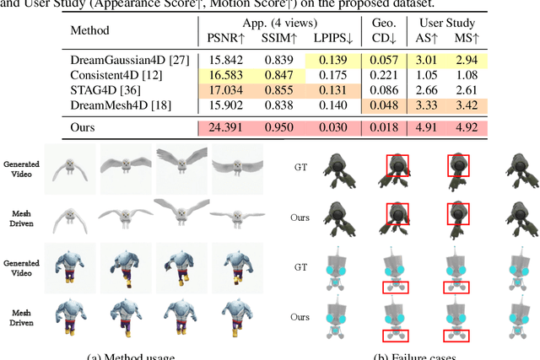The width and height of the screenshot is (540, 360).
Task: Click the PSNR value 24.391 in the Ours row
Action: [224, 129]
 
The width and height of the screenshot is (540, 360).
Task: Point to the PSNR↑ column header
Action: [226, 40]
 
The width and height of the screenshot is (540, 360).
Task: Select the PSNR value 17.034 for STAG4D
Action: [224, 91]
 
